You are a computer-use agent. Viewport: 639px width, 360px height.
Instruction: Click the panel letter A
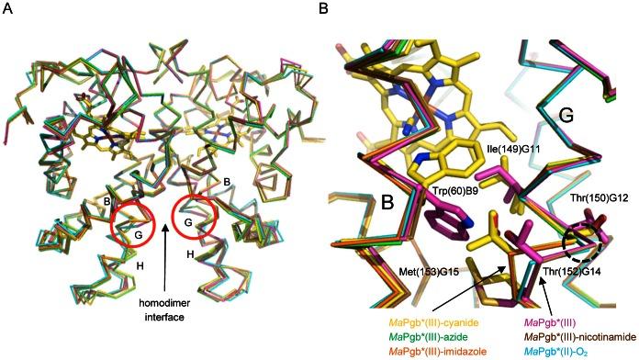(9, 10)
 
